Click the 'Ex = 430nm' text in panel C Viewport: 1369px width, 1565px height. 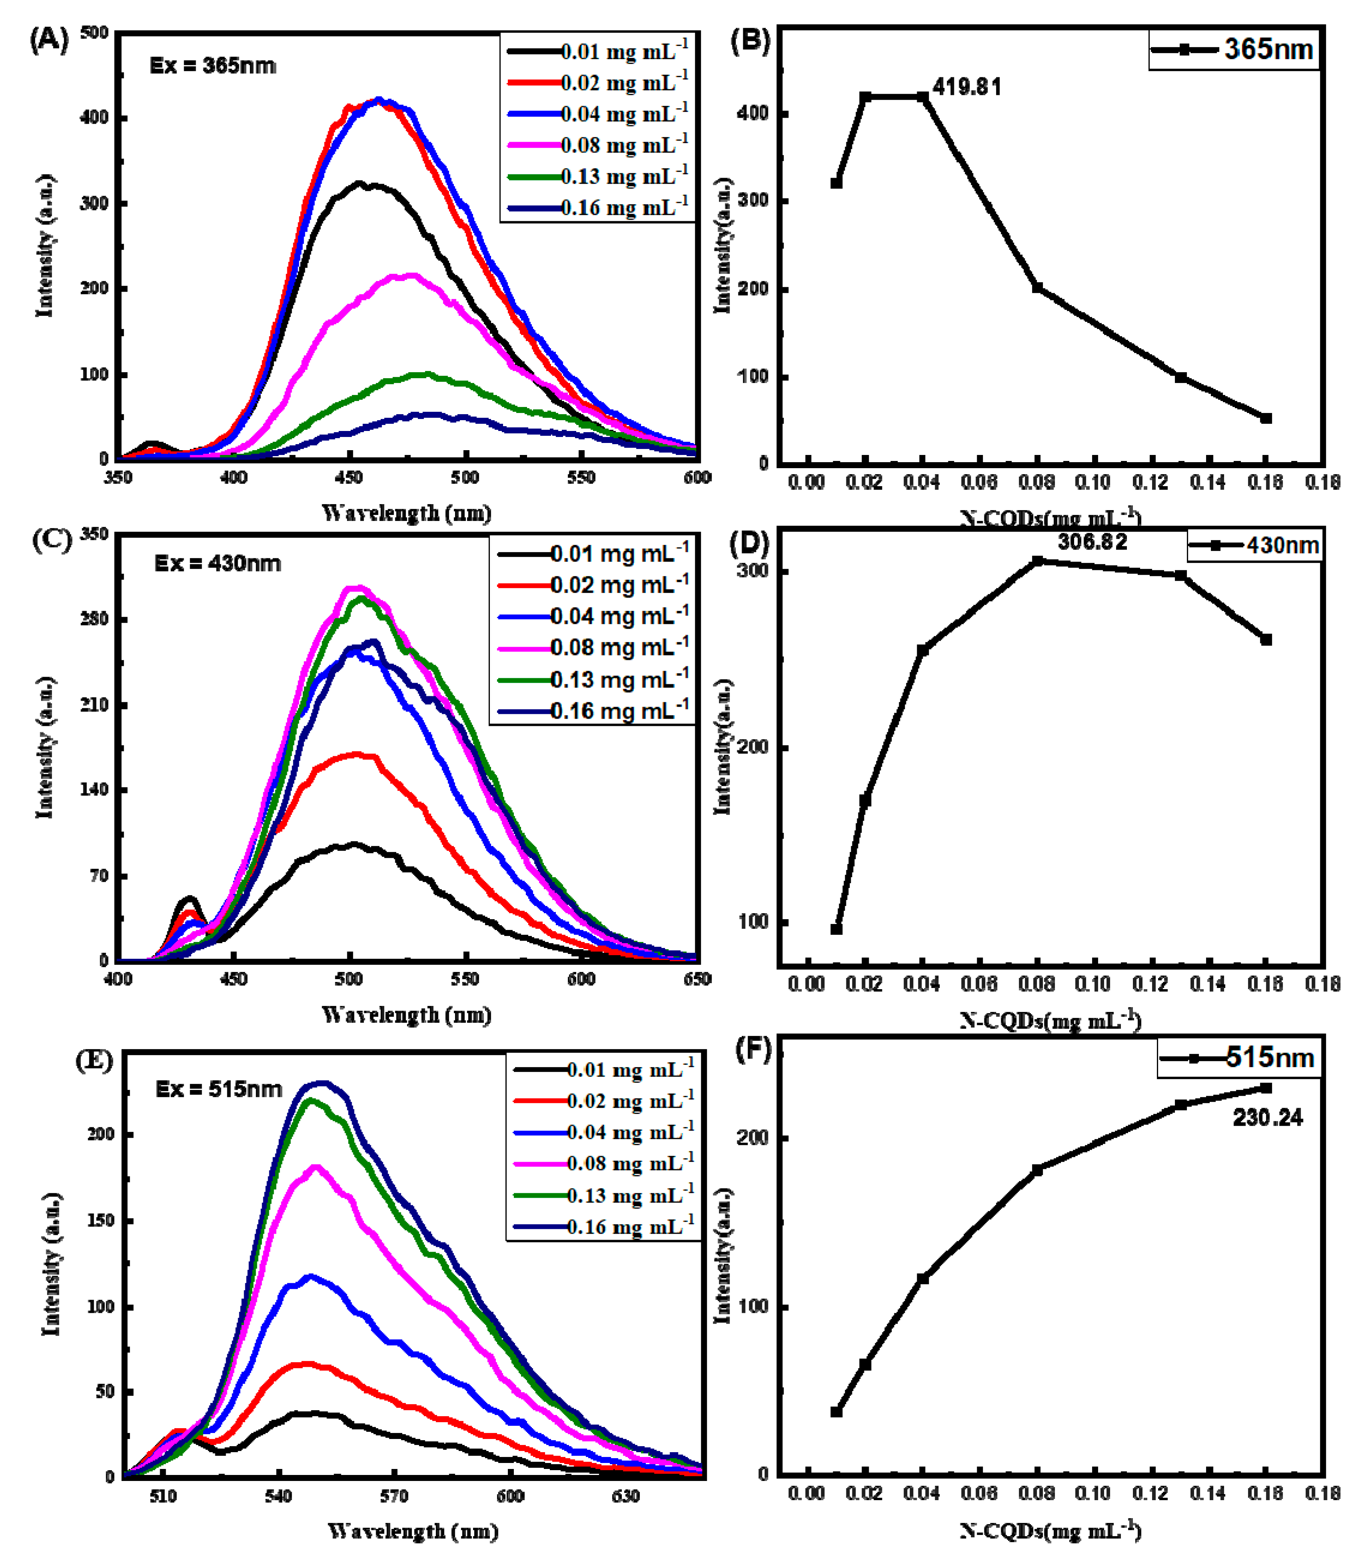(x=218, y=564)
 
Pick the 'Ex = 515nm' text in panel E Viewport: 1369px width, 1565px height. (x=218, y=1089)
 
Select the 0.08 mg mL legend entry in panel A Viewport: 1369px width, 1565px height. (x=598, y=145)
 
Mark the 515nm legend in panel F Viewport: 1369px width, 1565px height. (x=1239, y=1058)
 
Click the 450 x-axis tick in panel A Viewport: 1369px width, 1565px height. (x=349, y=477)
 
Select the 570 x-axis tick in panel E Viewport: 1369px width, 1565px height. (x=394, y=1496)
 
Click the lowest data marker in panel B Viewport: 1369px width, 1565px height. (x=1266, y=419)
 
